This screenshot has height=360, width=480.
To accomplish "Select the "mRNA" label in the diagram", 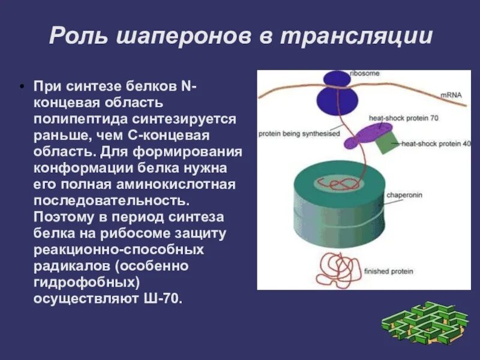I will pos(451,95).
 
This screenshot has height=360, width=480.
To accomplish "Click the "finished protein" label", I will pos(393,271).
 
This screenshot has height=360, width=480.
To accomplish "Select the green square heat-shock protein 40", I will pos(386,142).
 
